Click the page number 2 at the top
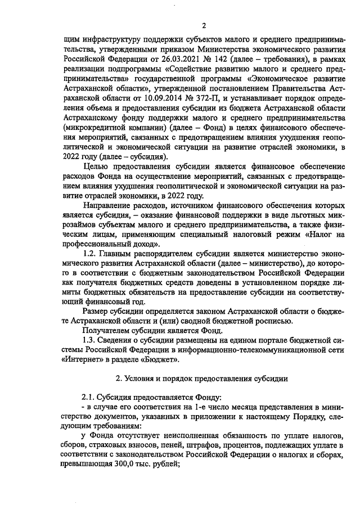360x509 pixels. [188, 25]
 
